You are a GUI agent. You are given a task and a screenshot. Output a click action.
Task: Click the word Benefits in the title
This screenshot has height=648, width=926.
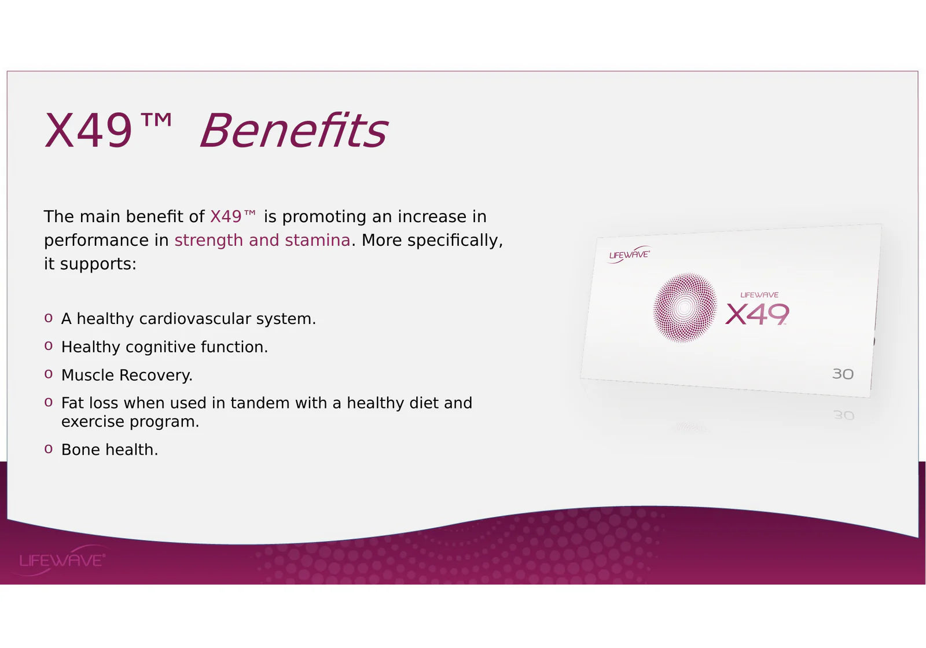tap(294, 130)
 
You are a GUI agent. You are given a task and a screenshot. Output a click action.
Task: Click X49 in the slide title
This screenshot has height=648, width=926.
tap(89, 131)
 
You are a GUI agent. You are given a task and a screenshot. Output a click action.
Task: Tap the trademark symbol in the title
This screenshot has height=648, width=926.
tap(156, 120)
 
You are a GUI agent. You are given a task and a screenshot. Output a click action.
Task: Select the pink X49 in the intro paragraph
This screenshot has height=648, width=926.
tap(226, 216)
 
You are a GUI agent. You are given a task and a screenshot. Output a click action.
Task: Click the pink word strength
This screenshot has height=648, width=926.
tap(209, 241)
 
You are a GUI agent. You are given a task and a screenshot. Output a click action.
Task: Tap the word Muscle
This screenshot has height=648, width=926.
tap(87, 375)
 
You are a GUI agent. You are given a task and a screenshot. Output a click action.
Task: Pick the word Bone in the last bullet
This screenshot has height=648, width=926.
tap(80, 450)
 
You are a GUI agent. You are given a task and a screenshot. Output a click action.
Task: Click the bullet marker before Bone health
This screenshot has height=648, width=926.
tap(49, 449)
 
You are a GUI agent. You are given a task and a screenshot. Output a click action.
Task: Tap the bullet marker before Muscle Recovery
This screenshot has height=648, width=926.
tap(49, 374)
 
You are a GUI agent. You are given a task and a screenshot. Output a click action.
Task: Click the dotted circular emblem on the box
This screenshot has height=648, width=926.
tap(685, 307)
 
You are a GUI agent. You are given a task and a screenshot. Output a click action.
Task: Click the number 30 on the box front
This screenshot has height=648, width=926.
tap(843, 374)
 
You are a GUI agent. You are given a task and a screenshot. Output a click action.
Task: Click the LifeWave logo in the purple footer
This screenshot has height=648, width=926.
tap(62, 560)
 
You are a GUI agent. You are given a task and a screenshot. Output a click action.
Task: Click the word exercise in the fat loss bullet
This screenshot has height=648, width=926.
tap(93, 422)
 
